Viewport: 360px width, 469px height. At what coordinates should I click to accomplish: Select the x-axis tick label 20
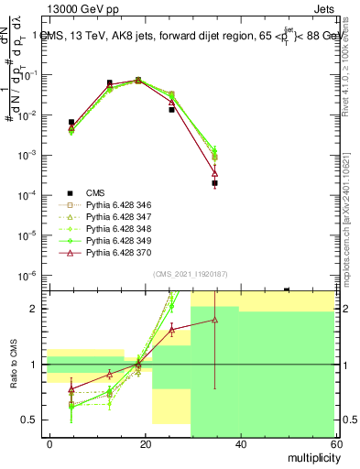click(145, 443)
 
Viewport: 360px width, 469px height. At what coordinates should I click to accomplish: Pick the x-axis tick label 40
click(239, 443)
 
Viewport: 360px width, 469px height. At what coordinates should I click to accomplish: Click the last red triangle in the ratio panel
click(214, 320)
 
